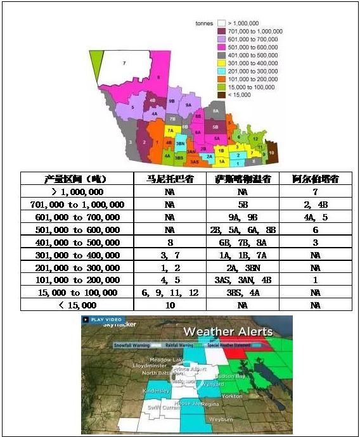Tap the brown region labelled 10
tap(271, 153)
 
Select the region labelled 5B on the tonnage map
tap(215, 127)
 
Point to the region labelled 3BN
tap(180, 144)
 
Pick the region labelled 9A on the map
tap(188, 104)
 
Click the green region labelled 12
tap(254, 138)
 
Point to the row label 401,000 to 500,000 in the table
tap(77, 243)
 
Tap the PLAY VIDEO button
tap(105, 320)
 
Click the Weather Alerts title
tap(228, 331)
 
